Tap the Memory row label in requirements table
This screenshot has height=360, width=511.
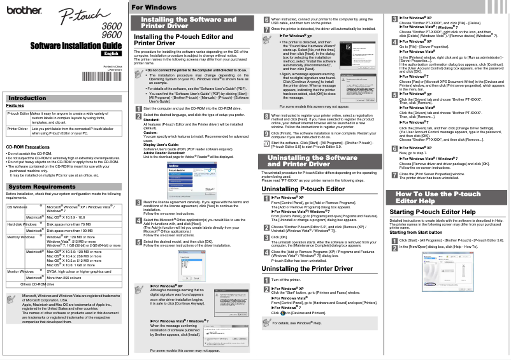pyautogui.click(x=20, y=237)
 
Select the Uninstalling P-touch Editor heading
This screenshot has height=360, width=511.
pyautogui.click(x=303, y=189)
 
